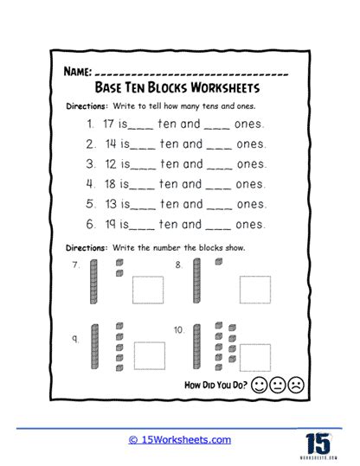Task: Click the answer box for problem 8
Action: pos(255,290)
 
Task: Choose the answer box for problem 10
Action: pos(255,355)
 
